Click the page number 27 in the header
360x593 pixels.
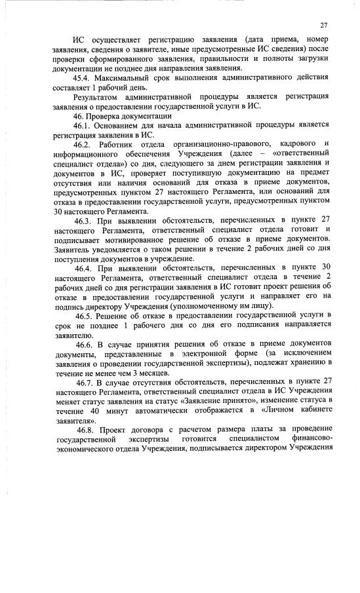(x=323, y=26)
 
